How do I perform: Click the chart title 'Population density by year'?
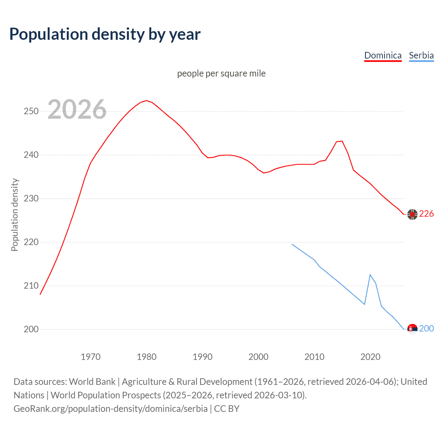105,34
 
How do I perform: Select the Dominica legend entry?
383,55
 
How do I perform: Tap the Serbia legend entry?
421,55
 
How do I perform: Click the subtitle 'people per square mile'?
221,73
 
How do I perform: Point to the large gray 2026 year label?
77,109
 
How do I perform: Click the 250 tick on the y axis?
31,111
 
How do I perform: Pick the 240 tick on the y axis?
31,155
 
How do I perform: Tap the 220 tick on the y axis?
31,242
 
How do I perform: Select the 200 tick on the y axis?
31,329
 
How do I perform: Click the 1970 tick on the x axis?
91,357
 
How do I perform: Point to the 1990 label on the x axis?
202,357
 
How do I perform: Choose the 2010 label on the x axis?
314,357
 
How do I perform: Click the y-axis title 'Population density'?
15,215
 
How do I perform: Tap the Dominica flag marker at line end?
412,215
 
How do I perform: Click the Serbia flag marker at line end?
412,329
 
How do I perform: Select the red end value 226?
426,214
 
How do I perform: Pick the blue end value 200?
426,328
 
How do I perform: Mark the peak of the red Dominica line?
146,101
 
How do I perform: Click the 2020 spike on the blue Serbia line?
370,274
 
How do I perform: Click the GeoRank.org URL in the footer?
110,409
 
